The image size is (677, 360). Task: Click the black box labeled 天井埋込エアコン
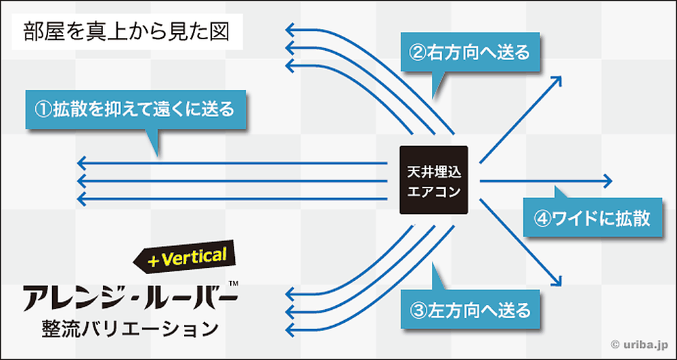click(433, 180)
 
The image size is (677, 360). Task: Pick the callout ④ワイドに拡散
click(592, 218)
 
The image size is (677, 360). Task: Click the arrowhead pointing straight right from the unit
click(609, 181)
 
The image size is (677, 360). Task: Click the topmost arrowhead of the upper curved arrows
click(289, 29)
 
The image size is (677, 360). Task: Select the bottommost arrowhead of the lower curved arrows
click(289, 330)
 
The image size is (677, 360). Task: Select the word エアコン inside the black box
click(433, 191)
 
